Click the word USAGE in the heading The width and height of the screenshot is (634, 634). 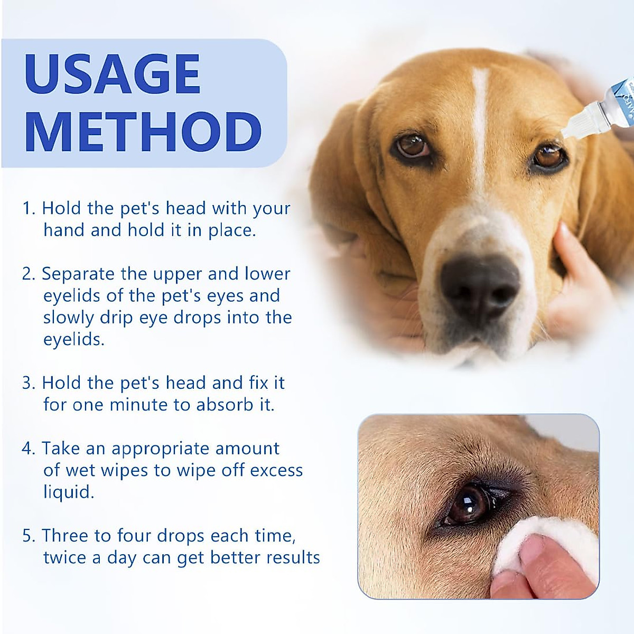point(112,74)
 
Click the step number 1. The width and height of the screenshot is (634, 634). point(27,208)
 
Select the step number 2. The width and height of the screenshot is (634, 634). point(27,274)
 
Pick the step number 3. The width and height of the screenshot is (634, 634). point(27,383)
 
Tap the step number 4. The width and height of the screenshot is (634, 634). point(27,449)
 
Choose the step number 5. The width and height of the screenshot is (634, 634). point(27,536)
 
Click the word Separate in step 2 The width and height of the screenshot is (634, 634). point(78,274)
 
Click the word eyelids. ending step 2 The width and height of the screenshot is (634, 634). point(74,340)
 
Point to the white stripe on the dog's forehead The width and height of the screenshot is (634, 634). point(480,116)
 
